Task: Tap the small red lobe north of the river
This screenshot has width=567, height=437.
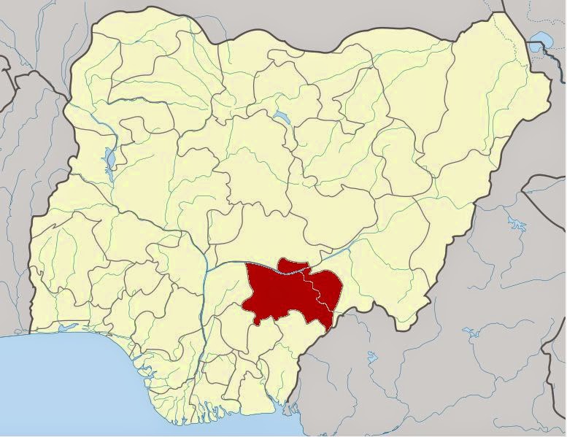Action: pyautogui.click(x=292, y=264)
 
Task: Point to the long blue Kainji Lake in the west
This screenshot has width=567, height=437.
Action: pyautogui.click(x=109, y=157)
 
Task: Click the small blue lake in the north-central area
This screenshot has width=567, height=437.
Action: pyautogui.click(x=280, y=115)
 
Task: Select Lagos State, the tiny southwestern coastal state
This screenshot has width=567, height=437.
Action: pyautogui.click(x=51, y=326)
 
